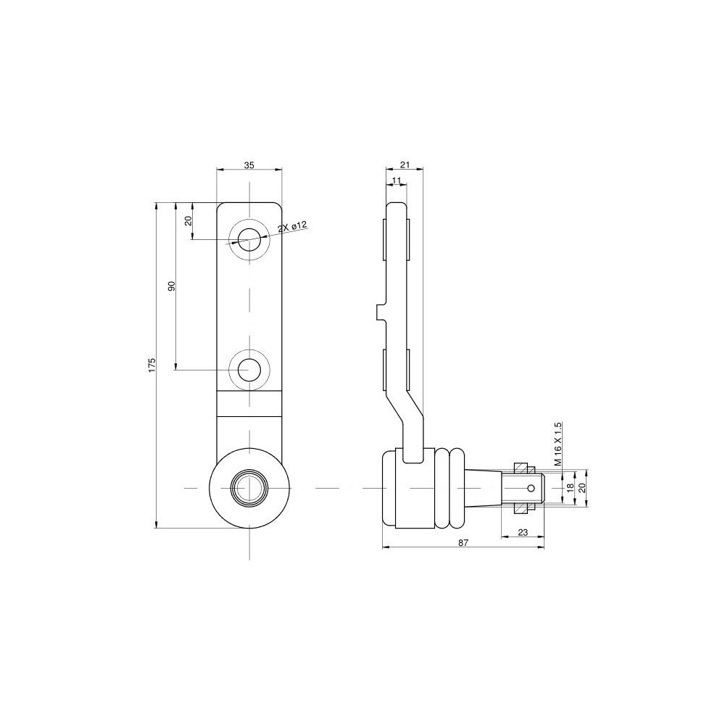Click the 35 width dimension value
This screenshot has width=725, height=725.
(249, 165)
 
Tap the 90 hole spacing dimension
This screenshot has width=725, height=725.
(172, 286)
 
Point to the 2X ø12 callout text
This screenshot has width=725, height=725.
(292, 228)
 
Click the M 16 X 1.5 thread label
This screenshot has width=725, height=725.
(558, 444)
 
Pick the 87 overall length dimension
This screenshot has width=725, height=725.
(463, 543)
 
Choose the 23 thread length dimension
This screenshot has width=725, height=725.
(523, 532)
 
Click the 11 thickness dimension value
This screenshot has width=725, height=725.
(397, 179)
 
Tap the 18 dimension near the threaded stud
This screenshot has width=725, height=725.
(570, 487)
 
